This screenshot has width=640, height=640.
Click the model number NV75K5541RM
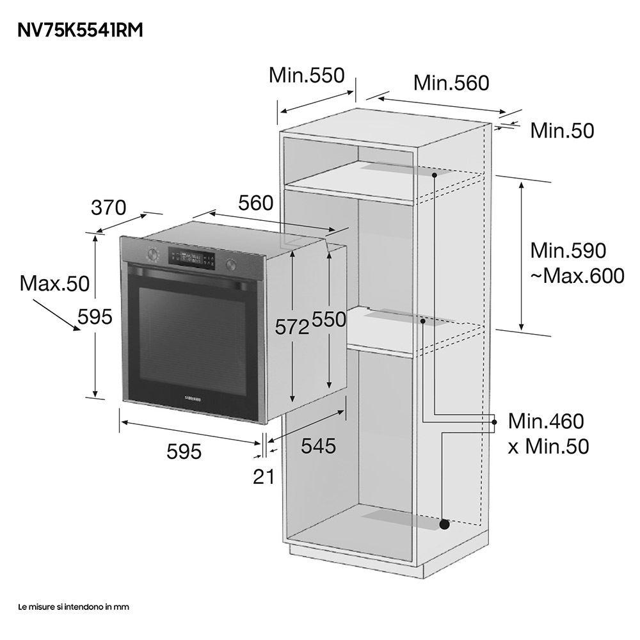[x=80, y=30]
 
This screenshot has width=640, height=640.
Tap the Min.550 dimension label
[x=307, y=75]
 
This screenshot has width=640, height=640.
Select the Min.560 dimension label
[x=451, y=83]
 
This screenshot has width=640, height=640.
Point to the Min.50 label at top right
[x=562, y=131]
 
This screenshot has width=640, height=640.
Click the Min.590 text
[x=568, y=250]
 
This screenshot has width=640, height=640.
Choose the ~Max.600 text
[x=577, y=276]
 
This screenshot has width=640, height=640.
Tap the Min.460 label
[x=546, y=421]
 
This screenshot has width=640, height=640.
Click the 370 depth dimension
[x=109, y=207]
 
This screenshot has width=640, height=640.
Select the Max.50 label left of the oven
[x=54, y=284]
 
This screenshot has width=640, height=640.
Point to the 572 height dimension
[x=292, y=326]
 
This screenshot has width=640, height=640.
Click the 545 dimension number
[x=318, y=445]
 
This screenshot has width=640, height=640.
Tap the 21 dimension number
[x=264, y=476]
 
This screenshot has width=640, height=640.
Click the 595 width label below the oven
[x=184, y=451]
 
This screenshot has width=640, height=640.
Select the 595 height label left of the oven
[x=95, y=316]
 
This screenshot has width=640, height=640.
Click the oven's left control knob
[x=153, y=254]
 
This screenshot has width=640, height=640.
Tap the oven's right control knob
[x=230, y=266]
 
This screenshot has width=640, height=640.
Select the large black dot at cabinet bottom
[x=444, y=524]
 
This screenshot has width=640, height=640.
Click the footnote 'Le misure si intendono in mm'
[x=74, y=607]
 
